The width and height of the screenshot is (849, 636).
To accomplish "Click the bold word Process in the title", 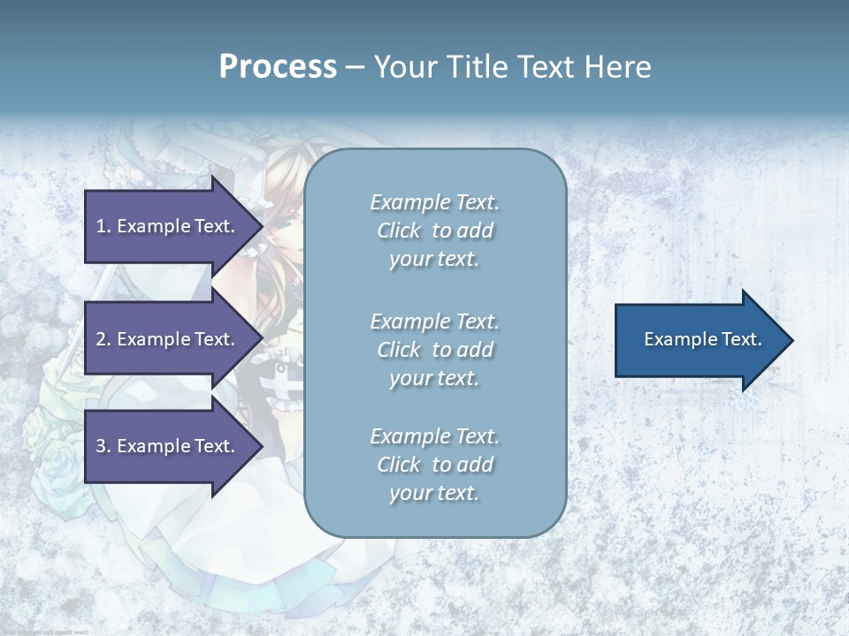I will pos(278,67).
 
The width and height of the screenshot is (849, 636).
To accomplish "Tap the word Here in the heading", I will pos(617,67).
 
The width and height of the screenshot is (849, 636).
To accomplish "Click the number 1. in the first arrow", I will pos(103,226).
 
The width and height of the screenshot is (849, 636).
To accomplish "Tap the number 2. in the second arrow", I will pos(103,339).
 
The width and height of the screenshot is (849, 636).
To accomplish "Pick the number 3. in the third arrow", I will pos(103,446).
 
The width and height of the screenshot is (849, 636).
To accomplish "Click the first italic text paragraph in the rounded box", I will pos(434,231).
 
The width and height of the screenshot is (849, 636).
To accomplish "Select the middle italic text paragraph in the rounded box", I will pos(434,350).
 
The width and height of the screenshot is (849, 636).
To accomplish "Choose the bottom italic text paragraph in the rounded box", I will pos(434,465).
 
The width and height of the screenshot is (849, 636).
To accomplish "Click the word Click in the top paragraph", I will pos(399,231).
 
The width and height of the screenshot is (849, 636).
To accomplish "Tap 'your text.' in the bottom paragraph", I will pos(434,493).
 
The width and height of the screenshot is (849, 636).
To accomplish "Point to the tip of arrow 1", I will pos(261,226).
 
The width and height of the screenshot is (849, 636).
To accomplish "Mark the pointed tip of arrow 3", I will pos(261,446).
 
